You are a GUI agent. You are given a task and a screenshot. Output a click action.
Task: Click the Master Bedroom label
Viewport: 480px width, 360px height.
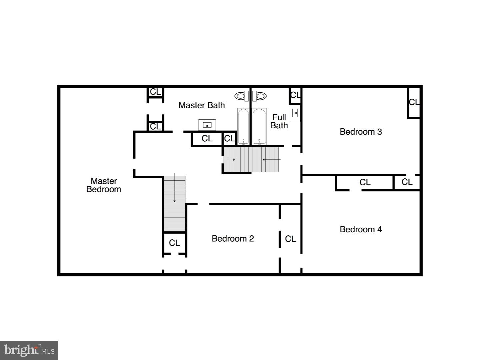pos(104,185)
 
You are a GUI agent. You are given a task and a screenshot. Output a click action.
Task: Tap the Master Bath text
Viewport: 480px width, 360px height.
pos(201,105)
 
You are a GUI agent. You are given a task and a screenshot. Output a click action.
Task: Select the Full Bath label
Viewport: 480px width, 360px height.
pos(279,121)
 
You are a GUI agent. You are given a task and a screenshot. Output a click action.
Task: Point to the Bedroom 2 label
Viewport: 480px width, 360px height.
pos(233,239)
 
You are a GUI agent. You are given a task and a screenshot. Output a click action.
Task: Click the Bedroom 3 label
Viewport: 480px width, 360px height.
pos(361,132)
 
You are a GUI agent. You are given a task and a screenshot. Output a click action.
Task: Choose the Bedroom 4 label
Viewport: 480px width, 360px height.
pos(361,229)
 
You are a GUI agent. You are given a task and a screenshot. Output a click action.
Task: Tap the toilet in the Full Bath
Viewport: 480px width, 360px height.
pos(259,96)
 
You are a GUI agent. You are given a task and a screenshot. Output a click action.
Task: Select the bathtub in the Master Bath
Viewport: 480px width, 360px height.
pos(243,126)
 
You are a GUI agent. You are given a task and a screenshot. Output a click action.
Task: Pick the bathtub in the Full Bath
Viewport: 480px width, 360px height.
pos(259,126)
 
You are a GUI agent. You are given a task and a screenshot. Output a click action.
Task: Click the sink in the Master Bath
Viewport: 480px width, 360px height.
pos(207,125)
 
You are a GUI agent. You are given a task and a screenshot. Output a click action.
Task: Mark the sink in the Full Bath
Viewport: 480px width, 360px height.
pos(295,113)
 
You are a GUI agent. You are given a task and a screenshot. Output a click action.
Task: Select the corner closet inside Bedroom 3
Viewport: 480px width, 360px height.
pos(414,102)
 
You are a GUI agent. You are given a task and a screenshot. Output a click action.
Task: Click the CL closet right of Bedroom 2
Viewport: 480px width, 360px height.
pos(290,239)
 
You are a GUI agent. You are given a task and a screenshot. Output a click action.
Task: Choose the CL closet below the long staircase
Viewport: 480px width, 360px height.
pos(174,243)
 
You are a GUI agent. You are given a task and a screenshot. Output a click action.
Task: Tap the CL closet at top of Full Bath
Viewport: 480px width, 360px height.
pos(295,95)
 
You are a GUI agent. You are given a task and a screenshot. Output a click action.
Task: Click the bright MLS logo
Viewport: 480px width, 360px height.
pos(29,350)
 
